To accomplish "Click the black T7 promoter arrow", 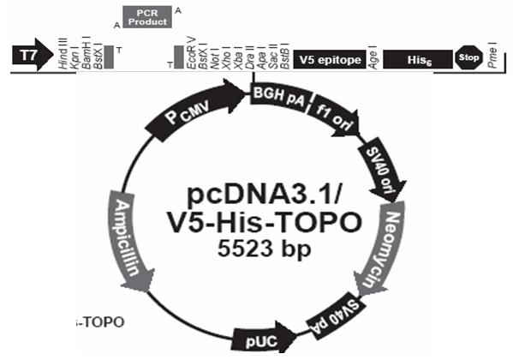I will (29, 57).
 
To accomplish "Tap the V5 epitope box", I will (328, 58).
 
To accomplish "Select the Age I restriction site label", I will (373, 57).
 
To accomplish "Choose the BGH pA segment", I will (278, 100).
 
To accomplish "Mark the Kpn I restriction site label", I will (75, 56).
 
